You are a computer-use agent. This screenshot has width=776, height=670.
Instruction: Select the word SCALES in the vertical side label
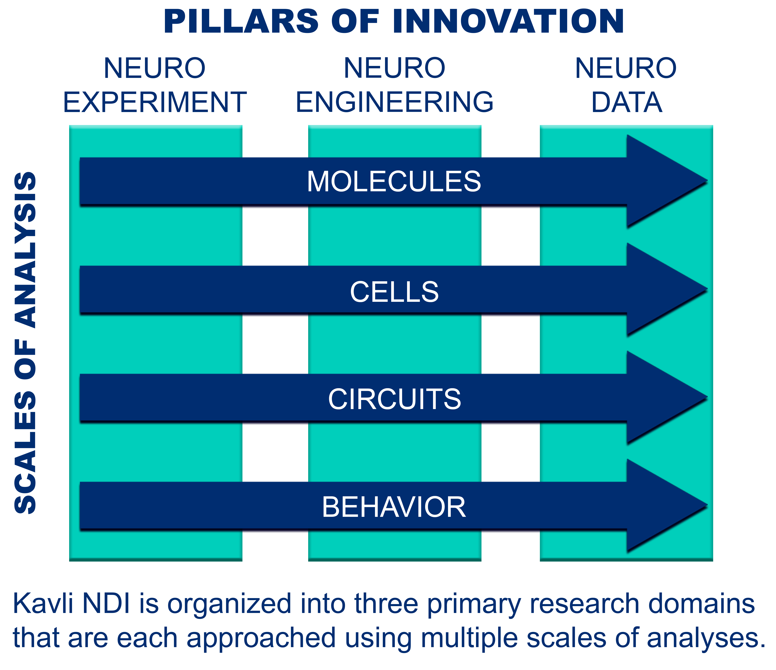(25, 453)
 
